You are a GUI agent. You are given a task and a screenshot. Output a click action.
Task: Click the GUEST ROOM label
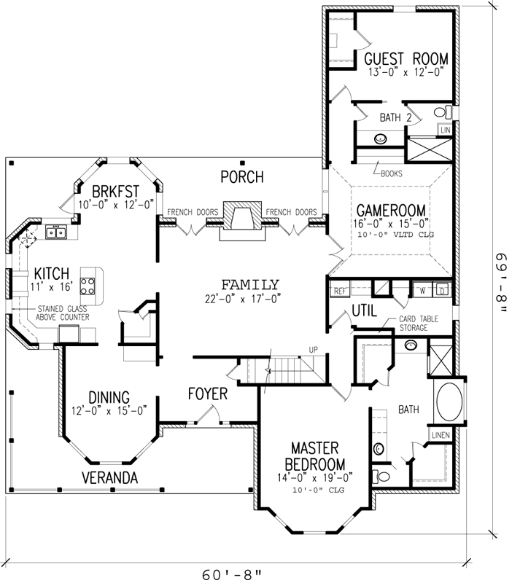[x=406, y=59]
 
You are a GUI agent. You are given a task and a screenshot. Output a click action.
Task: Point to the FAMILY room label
[x=250, y=284]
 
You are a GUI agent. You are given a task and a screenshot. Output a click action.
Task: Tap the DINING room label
[x=109, y=397]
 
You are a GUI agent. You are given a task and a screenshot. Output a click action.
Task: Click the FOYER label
[x=208, y=394]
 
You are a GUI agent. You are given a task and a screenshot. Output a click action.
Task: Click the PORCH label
[x=243, y=177]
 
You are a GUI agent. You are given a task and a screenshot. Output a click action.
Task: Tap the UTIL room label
[x=364, y=311]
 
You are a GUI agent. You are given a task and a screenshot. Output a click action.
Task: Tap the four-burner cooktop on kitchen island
[x=89, y=284]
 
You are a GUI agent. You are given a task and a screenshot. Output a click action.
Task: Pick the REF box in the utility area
[x=339, y=291]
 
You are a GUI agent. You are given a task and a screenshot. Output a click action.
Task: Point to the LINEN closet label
[x=441, y=435]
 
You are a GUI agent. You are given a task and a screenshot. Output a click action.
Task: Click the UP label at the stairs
[x=314, y=351]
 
